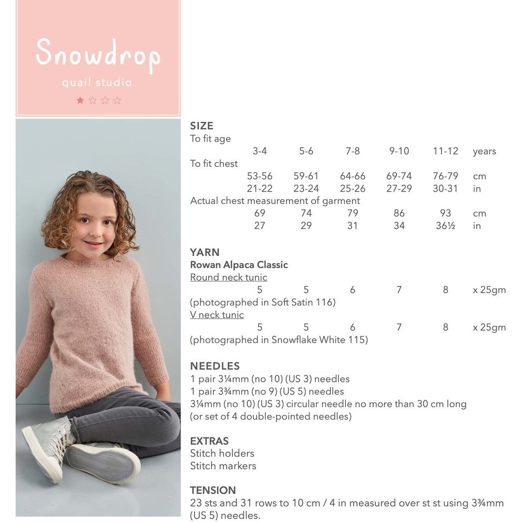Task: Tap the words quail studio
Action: (x=97, y=83)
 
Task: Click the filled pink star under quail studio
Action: (x=80, y=100)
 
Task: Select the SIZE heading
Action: (x=202, y=126)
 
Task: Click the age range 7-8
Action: (x=352, y=151)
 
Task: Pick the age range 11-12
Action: (x=446, y=151)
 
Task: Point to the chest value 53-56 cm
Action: (x=259, y=176)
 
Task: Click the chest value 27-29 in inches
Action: (x=399, y=188)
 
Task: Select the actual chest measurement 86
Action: (x=399, y=213)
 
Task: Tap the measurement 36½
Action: (x=446, y=225)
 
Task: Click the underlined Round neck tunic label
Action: (x=228, y=277)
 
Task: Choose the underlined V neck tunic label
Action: (x=217, y=315)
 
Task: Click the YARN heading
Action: (x=205, y=252)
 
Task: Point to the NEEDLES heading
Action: (x=215, y=366)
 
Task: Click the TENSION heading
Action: (x=213, y=490)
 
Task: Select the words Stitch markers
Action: (x=223, y=465)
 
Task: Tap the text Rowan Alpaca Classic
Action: (x=239, y=265)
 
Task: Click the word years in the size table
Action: (x=484, y=151)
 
